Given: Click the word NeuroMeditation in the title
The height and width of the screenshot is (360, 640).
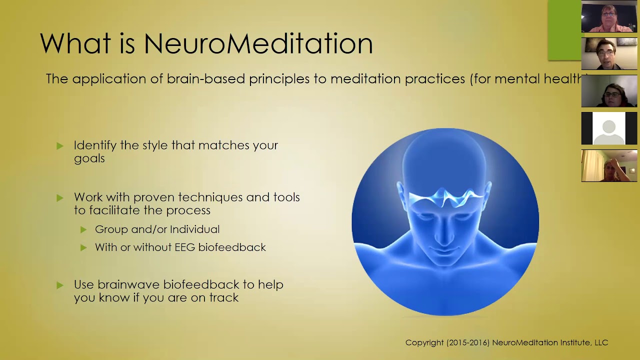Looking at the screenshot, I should (x=258, y=43).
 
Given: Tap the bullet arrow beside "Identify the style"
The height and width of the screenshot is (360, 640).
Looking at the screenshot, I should (x=60, y=146).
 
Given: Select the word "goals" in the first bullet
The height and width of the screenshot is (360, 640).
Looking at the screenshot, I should (x=89, y=158).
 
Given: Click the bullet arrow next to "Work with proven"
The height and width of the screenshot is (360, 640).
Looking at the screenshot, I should (x=60, y=198).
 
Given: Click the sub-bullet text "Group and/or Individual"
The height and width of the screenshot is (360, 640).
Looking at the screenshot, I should (x=157, y=229).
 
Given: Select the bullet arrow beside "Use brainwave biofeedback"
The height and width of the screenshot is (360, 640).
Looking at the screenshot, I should (x=60, y=285).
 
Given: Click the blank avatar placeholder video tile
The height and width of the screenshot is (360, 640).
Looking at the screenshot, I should (x=609, y=128).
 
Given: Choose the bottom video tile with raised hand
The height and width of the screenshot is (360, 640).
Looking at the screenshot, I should (x=609, y=165).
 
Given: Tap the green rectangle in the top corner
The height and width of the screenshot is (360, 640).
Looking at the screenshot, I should (x=564, y=30).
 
